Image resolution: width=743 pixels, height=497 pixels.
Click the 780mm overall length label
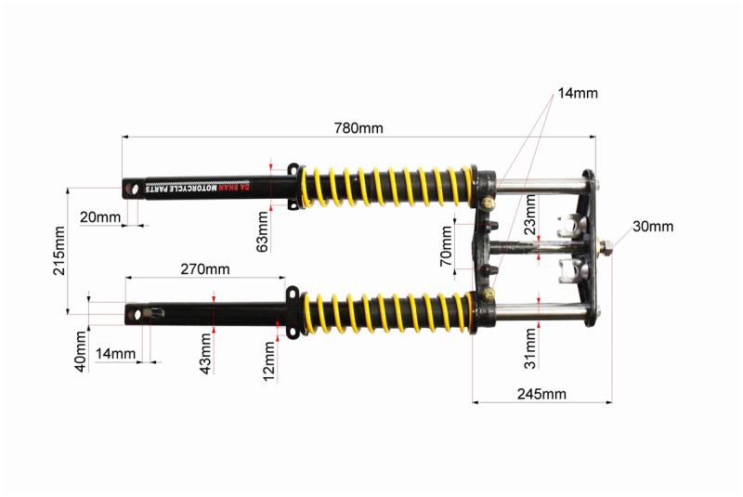[358, 128]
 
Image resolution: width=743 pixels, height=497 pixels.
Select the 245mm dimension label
[541, 394]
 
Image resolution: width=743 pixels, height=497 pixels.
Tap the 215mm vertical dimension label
[59, 251]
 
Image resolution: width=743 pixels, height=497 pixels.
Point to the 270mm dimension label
[205, 269]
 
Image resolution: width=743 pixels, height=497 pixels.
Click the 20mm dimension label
[100, 217]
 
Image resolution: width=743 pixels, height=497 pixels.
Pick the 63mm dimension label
[262, 231]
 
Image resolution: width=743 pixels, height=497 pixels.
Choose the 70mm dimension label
[447, 246]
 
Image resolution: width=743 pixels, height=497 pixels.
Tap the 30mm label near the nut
[653, 227]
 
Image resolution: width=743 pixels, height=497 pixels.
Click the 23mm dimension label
[530, 215]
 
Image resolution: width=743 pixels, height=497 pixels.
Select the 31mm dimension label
[530, 348]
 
